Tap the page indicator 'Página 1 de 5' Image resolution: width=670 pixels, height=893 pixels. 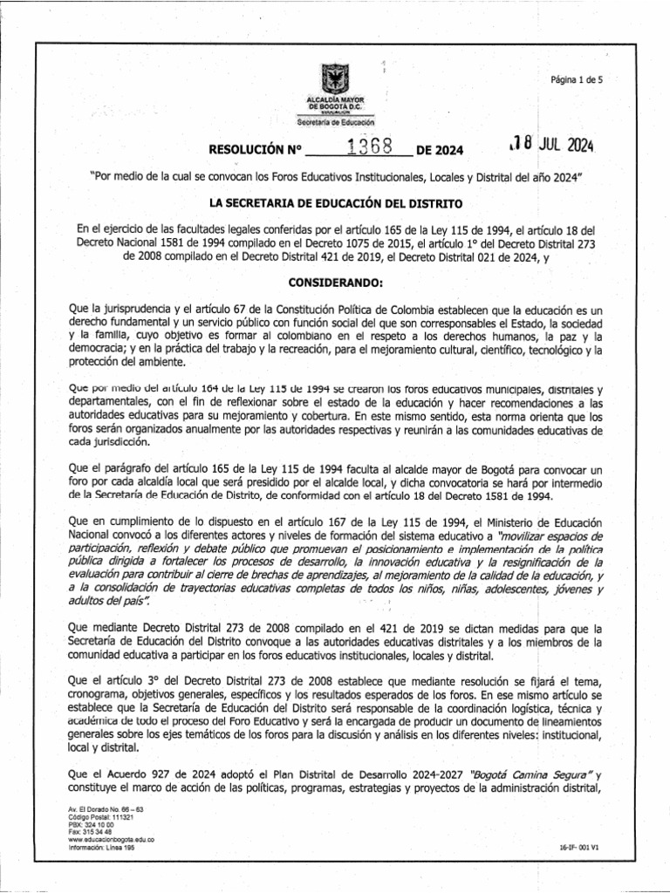click(x=577, y=79)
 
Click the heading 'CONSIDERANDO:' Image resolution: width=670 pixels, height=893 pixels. click(x=334, y=283)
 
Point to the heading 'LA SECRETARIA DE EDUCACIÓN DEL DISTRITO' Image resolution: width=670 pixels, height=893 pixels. click(x=334, y=202)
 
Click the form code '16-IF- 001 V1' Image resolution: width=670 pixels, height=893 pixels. click(x=582, y=847)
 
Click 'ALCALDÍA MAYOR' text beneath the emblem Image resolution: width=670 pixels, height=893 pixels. click(x=334, y=101)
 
